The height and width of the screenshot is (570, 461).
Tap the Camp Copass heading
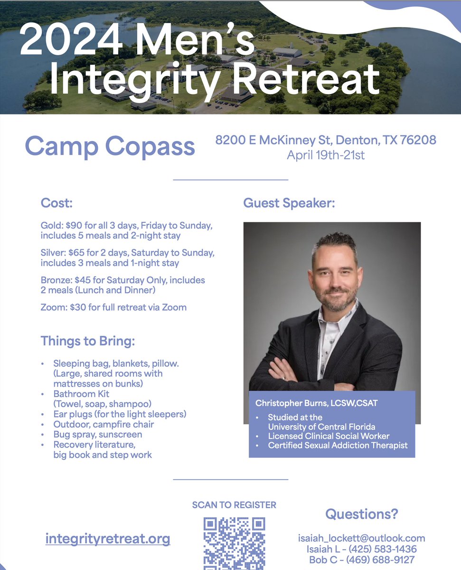coord(110,146)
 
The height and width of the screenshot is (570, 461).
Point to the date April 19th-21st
coord(326,155)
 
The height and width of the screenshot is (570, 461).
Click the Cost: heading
coord(56,203)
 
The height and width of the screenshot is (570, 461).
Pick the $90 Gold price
coord(76,225)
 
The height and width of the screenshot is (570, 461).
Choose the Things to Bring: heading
coord(88,341)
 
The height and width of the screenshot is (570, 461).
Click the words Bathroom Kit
coord(81,394)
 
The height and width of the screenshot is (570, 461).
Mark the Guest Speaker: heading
coord(289,203)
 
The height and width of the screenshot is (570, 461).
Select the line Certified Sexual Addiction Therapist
coord(338,446)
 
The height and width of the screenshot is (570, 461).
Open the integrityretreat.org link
coord(108,539)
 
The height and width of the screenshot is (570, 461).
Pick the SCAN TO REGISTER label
coord(234,505)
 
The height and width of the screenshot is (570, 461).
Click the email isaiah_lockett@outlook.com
coord(361,538)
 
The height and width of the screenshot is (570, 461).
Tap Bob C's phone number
coord(378,560)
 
